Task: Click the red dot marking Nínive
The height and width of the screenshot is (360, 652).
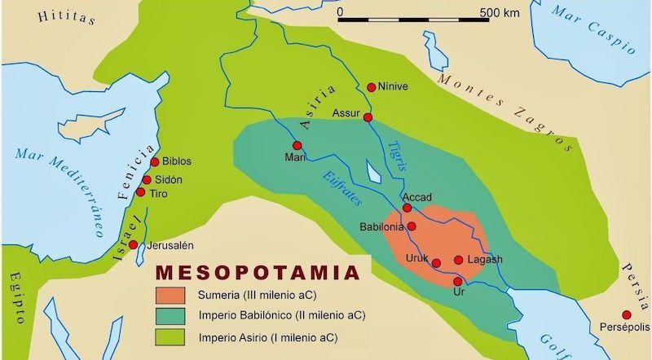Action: coord(372,87)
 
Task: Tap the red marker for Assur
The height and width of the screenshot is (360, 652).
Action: coord(368,118)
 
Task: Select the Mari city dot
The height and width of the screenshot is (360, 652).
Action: coord(297,145)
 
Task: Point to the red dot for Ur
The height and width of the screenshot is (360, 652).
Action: coord(457,280)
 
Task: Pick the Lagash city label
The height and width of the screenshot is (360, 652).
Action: coord(485,260)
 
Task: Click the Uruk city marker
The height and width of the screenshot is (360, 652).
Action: coord(436,263)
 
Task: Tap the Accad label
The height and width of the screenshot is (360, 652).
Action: coord(416,197)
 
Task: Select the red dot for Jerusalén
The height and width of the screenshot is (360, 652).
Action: coord(133,245)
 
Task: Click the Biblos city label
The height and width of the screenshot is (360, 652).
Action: coord(177,161)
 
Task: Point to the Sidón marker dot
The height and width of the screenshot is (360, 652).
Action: coord(147,180)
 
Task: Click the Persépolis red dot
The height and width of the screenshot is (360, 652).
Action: coord(626,315)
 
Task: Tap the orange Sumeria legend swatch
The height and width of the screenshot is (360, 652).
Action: coord(174,294)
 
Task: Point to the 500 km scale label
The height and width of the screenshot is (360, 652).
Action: coord(499,13)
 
